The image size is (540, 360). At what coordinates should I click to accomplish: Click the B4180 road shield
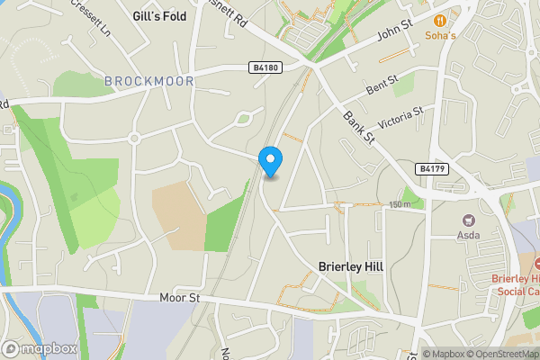point(262,67)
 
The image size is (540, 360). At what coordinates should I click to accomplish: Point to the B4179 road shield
point(430,168)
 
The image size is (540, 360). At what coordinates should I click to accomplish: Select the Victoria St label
point(400,118)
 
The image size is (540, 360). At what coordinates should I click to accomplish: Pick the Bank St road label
point(357,128)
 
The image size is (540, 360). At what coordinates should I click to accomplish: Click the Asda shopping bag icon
point(468,220)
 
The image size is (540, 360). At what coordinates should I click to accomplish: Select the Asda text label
point(468,236)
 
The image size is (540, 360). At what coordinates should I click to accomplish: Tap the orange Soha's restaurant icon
point(440,20)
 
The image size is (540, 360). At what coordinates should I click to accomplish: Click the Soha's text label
point(440,37)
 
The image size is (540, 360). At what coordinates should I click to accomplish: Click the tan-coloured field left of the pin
point(179,216)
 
